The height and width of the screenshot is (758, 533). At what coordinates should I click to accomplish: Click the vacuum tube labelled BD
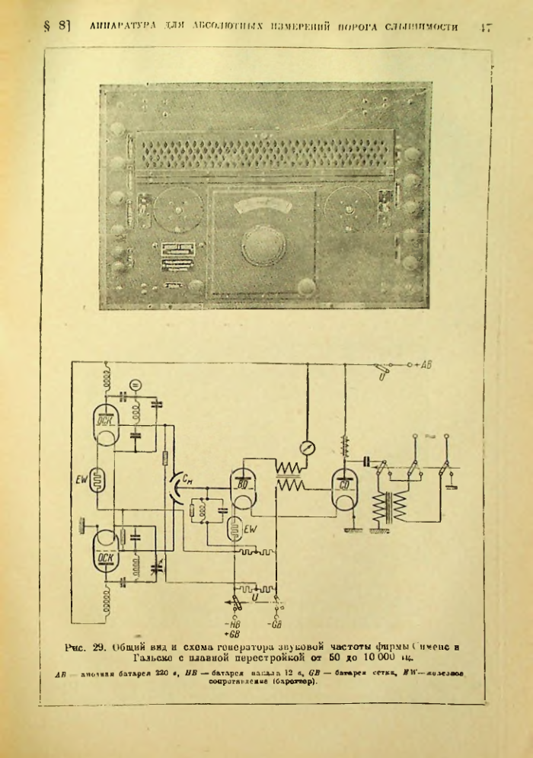tap(243, 488)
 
